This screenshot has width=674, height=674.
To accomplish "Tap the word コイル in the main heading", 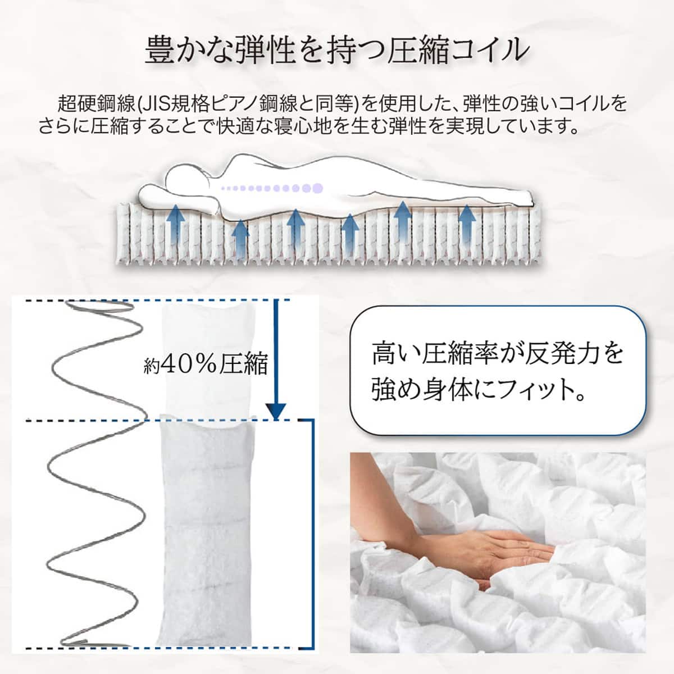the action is click(x=484, y=50).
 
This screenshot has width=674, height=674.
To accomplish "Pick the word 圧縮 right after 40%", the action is click(x=243, y=364).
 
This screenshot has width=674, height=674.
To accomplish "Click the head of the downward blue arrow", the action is click(x=276, y=411).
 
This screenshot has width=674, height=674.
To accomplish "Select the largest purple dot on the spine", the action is click(x=317, y=188).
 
